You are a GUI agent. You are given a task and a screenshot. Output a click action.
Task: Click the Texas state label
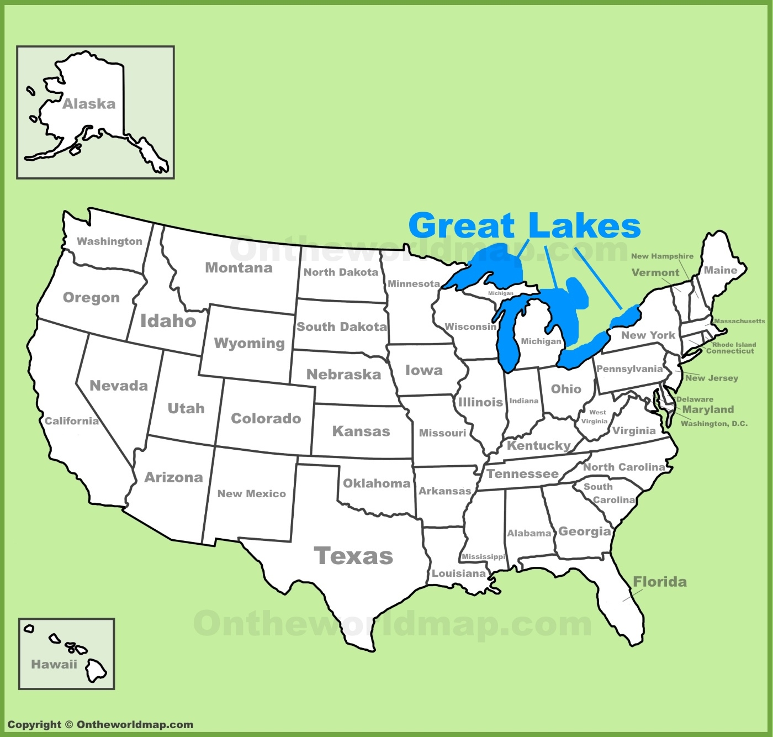(353, 556)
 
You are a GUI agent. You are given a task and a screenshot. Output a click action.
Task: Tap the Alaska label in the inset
(89, 104)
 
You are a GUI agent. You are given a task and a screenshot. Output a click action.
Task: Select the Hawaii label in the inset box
(54, 664)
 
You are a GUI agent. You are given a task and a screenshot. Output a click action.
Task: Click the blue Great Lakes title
(525, 225)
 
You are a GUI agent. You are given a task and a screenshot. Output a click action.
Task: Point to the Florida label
(660, 582)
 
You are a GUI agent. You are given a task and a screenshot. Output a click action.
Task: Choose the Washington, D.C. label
(714, 424)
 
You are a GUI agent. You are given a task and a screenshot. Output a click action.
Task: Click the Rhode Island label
(734, 344)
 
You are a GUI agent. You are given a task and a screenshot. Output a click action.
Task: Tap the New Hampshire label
(662, 256)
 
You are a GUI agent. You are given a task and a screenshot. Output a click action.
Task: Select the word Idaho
(168, 321)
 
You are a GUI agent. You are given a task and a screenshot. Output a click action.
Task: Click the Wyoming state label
(249, 343)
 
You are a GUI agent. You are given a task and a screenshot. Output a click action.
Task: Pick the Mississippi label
(484, 556)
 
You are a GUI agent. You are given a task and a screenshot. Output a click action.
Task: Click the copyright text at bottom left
(100, 724)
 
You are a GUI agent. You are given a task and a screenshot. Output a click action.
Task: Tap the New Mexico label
(251, 494)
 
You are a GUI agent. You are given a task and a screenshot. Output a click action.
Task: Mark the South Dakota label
(341, 327)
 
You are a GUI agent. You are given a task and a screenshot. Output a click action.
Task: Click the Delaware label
(695, 399)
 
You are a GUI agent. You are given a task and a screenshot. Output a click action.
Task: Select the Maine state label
(721, 270)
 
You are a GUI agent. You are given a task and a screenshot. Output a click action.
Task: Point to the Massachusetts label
(739, 321)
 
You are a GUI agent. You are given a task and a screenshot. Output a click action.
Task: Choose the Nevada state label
(119, 386)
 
